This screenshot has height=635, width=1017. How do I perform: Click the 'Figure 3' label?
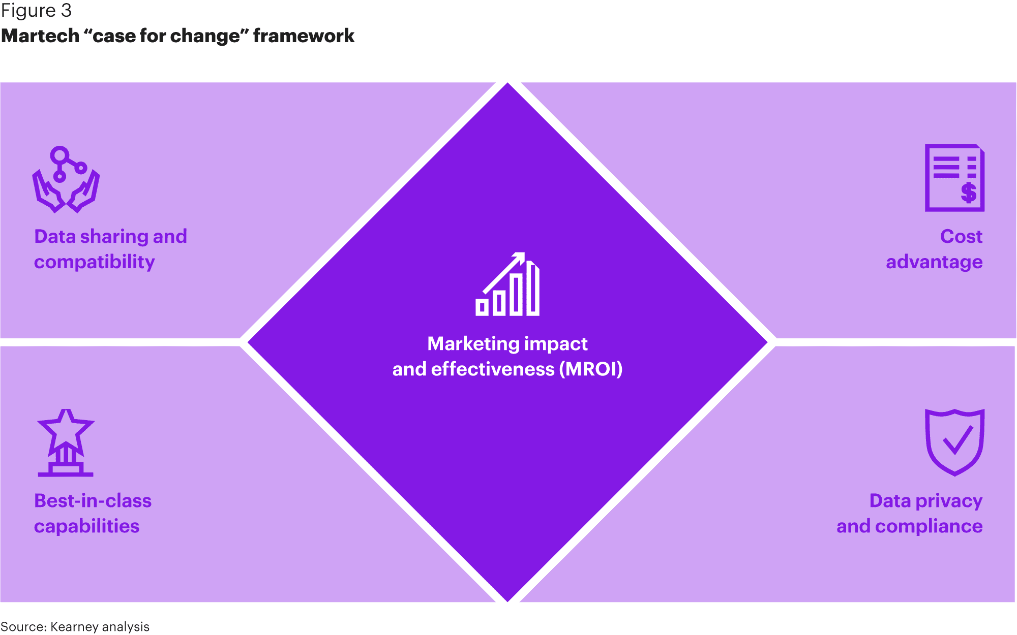36,11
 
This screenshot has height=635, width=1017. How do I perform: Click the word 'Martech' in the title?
41,36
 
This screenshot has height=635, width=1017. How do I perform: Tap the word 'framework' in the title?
304,36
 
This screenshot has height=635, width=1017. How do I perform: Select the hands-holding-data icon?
66,179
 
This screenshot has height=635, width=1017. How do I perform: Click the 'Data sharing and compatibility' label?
110,249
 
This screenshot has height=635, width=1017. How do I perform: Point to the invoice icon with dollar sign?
954,178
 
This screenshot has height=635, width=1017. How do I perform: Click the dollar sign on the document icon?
968,193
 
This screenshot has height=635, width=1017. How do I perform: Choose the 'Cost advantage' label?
934,249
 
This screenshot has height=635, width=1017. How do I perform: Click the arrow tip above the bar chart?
521,256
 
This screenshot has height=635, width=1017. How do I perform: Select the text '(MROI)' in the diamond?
591,369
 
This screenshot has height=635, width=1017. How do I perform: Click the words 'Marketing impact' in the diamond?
507,344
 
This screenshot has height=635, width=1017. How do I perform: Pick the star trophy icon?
66,443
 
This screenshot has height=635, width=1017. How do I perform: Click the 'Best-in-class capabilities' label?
93,513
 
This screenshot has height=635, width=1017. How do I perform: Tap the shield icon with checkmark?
954,442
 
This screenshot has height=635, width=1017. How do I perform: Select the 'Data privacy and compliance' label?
910,513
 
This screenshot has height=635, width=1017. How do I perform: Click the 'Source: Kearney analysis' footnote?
75,626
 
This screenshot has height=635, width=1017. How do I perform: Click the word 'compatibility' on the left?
95,262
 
